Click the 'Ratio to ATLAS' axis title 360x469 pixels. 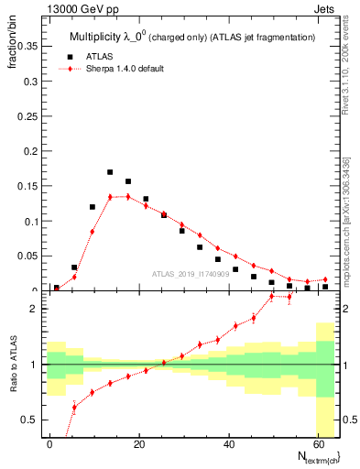pos(12,365)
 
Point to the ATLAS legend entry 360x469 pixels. pos(102,56)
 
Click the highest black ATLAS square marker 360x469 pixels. pos(110,172)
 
